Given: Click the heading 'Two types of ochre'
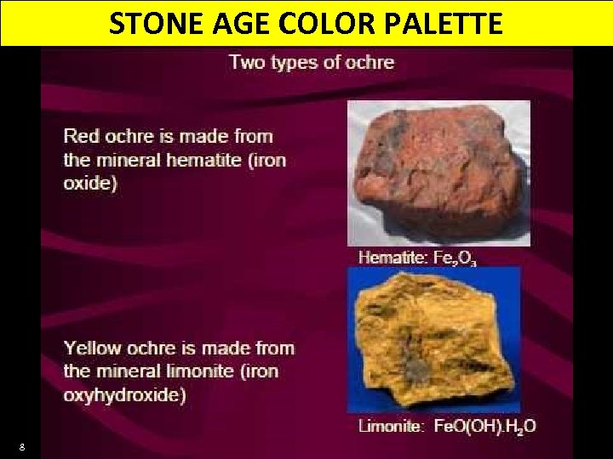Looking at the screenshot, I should point(312,61).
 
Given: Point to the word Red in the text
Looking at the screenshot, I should point(82,136).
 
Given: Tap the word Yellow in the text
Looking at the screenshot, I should point(92,348).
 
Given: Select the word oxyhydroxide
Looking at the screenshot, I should point(123,394).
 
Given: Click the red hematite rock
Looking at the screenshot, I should point(438,174).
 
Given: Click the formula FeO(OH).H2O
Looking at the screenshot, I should point(483,427).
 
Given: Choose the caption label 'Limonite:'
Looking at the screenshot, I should point(389,427).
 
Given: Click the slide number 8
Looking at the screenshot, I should point(21,446).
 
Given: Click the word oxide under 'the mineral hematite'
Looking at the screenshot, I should point(88,182).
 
